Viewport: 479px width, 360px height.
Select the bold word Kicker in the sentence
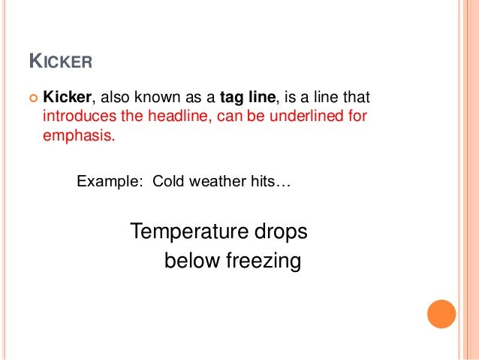tap(67, 98)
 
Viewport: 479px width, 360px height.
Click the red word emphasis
tap(77, 138)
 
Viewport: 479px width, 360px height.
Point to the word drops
tap(280, 231)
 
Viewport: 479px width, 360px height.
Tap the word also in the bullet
tap(114, 98)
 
